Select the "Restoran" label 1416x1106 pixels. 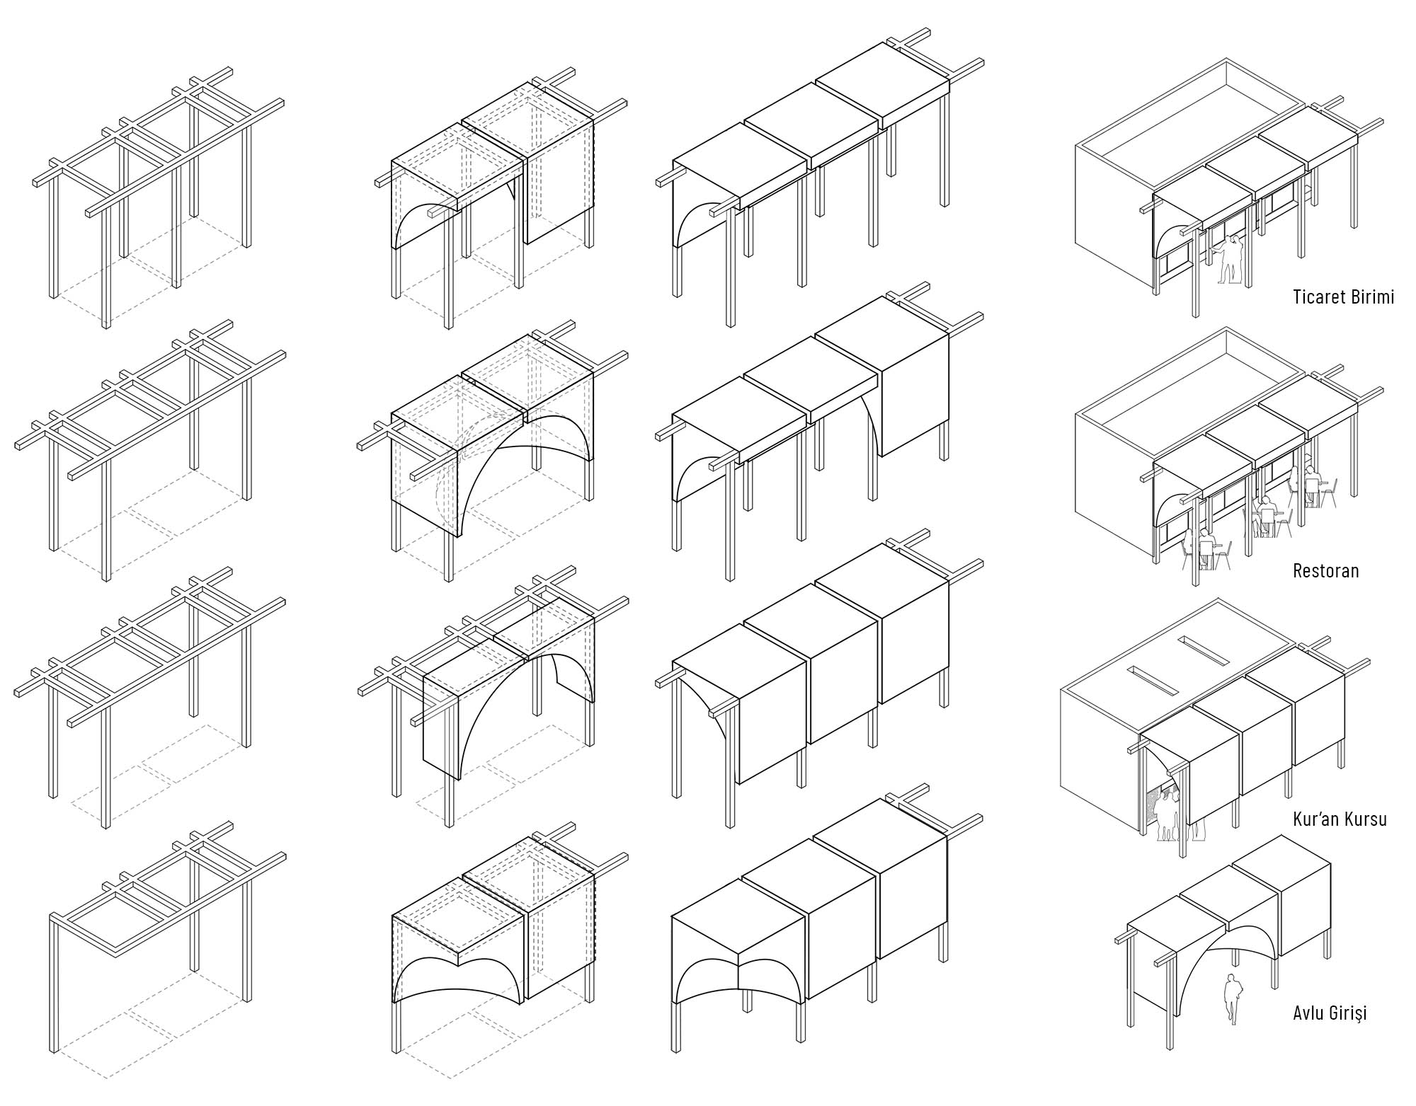pyautogui.click(x=1326, y=570)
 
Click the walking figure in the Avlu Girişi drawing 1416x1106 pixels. pyautogui.click(x=1233, y=998)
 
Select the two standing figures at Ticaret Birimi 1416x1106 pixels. pyautogui.click(x=1229, y=259)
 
